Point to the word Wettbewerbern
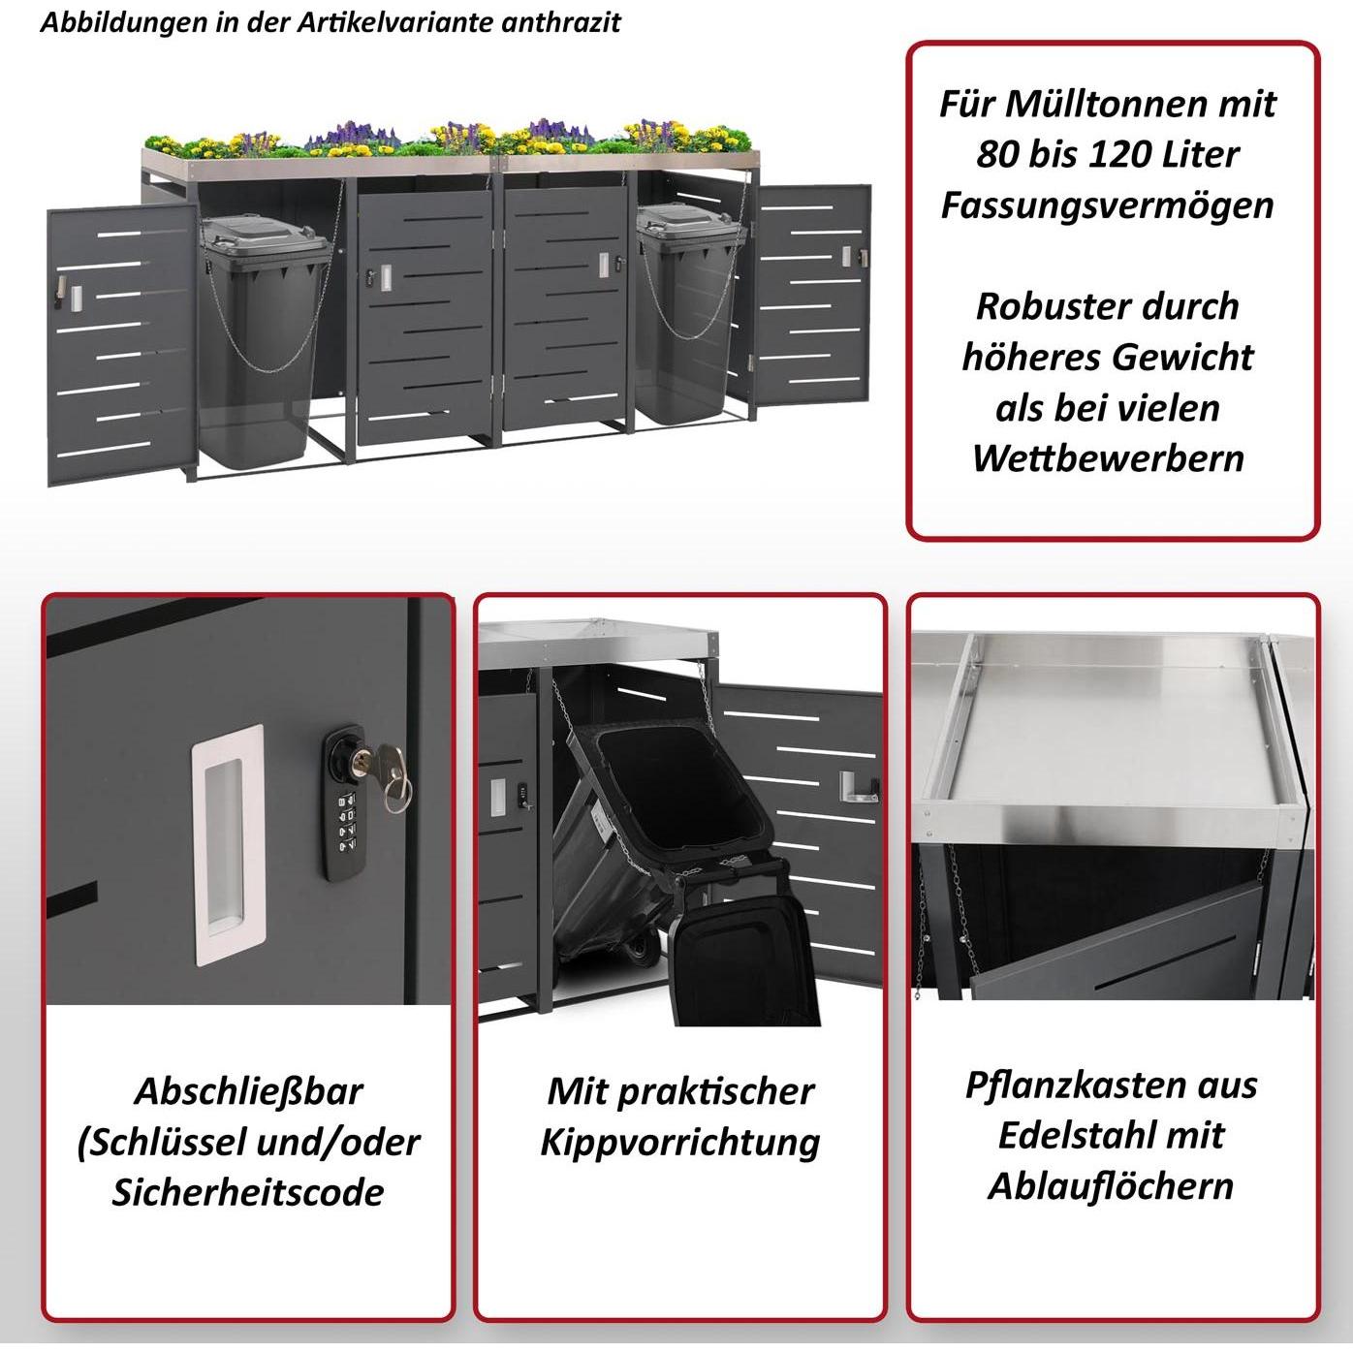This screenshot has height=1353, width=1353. tap(1108, 457)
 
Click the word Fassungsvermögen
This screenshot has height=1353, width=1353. tap(1107, 205)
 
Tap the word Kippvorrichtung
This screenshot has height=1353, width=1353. tap(679, 1142)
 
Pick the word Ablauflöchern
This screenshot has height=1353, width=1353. tap(1111, 1185)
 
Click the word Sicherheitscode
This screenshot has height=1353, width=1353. tap(247, 1192)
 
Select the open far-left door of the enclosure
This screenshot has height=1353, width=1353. tap(116, 345)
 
